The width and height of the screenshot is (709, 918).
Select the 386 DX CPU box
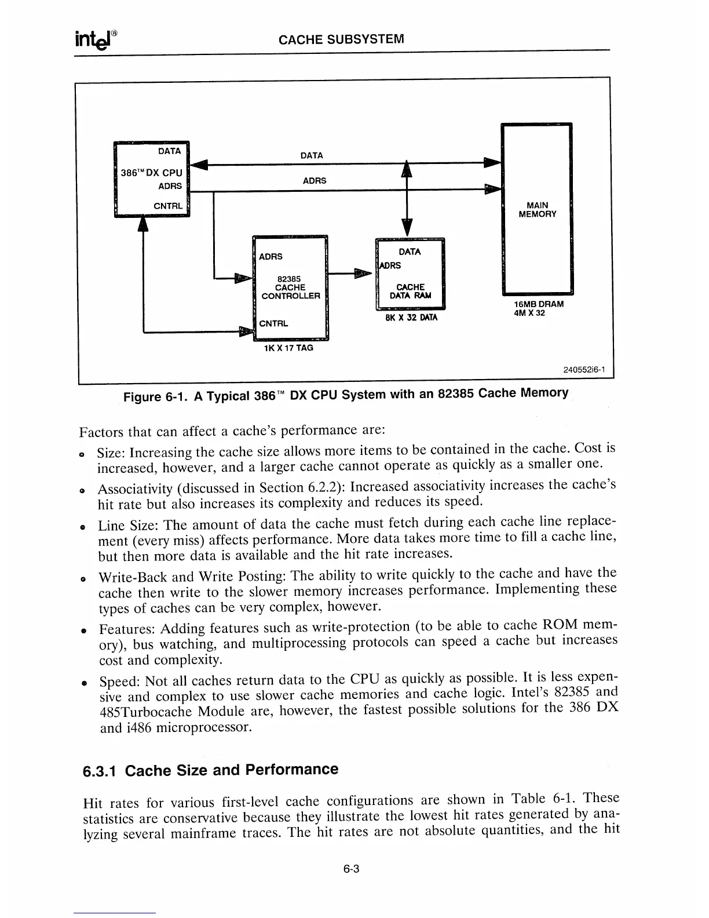point(152,178)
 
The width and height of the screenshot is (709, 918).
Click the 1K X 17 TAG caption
point(288,348)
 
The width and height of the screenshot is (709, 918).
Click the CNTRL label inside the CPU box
point(167,206)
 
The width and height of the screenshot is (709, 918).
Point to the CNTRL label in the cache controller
point(273,323)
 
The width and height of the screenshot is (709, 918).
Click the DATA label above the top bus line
point(312,155)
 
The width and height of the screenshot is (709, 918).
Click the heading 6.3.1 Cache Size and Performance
point(210,770)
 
